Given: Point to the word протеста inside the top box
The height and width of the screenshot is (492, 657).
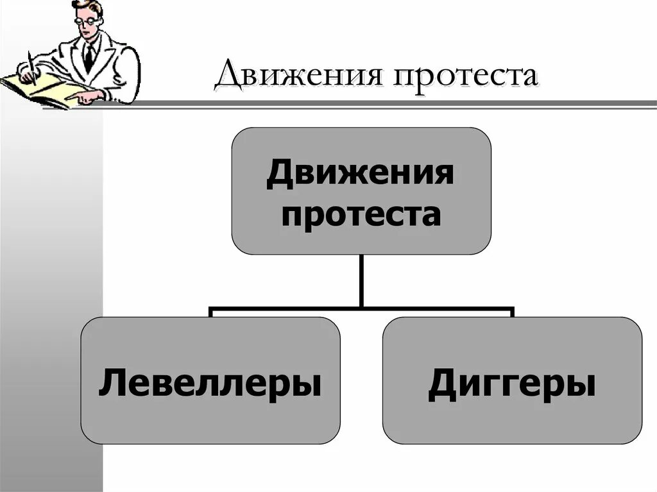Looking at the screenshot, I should (x=361, y=214).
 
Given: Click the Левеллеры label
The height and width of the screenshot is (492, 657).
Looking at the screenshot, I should (x=210, y=384).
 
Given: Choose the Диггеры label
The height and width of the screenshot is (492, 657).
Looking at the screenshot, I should (x=511, y=384).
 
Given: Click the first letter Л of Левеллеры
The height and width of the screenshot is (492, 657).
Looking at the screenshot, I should (x=109, y=384).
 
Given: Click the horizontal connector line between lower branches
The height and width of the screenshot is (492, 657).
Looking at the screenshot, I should (x=361, y=308).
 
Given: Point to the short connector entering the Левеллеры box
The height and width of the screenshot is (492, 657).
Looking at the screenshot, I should (x=211, y=313).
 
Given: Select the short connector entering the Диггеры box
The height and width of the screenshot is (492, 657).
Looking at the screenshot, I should (x=512, y=313).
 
